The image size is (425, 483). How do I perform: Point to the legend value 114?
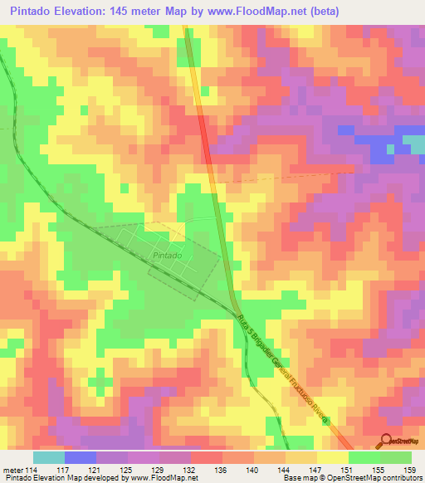coord(32,470)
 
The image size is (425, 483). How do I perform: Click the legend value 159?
coord(408,470)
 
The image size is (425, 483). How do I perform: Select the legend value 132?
coord(190,470)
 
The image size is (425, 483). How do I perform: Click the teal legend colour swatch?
coord(48,457)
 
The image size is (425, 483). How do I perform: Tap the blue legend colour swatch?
coord(80,457)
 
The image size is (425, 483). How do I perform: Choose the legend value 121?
coord(96,470)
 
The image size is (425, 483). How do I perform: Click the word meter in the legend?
coord(12,470)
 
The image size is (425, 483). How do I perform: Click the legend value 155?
coord(378,470)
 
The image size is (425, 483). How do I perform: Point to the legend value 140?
coord(253,470)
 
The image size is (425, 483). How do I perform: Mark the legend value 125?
coord(127,470)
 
